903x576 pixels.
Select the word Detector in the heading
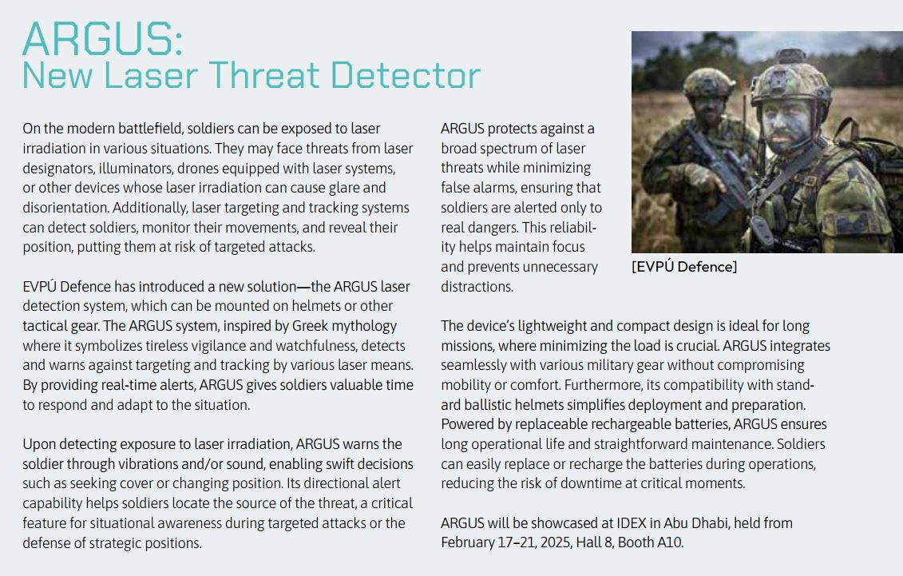point(406,75)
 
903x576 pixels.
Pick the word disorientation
point(65,208)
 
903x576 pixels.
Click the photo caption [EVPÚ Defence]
point(684,267)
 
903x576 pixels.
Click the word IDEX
point(632,523)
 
